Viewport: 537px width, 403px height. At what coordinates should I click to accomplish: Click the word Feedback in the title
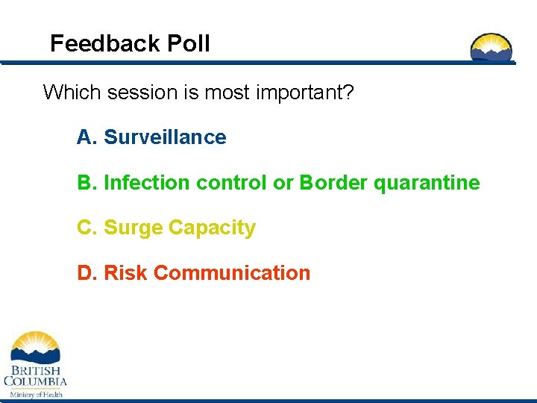coord(104,43)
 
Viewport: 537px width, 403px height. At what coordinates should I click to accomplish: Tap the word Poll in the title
coord(188,43)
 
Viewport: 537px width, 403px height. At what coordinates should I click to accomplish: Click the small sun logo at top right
coord(492,47)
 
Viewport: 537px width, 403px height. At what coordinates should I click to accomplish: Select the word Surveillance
coord(165,137)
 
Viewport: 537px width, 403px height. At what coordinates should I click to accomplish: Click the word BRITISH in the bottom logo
coord(35,370)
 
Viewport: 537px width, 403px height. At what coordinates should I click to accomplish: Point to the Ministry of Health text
coord(35,393)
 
